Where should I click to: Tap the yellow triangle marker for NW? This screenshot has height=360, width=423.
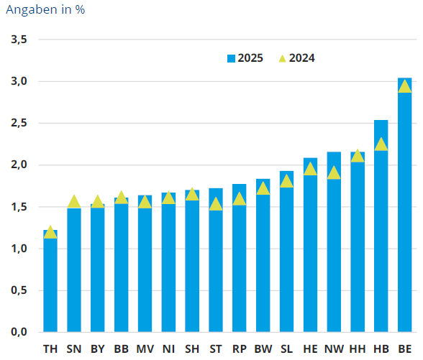tap(334, 172)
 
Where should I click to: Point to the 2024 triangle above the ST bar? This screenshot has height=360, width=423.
tap(216, 204)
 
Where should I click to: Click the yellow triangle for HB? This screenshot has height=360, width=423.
tap(381, 144)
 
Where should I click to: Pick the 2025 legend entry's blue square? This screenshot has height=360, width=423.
tap(231, 58)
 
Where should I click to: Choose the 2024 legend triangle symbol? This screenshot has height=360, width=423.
tap(281, 58)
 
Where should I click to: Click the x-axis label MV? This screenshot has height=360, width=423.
tap(145, 349)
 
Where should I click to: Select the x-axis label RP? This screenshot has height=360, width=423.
tap(240, 349)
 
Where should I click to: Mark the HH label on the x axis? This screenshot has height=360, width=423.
tap(358, 349)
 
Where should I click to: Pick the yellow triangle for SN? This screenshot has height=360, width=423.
tap(74, 201)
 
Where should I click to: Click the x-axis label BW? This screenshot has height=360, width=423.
tap(263, 349)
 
